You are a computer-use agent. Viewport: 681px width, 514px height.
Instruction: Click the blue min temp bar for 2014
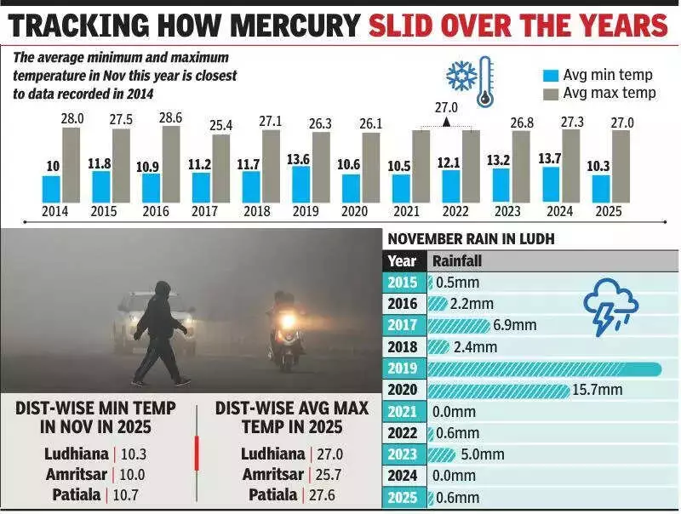point(51,188)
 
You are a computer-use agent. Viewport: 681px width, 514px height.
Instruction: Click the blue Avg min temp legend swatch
point(550,74)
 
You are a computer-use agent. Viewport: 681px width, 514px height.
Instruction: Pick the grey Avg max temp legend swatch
point(550,92)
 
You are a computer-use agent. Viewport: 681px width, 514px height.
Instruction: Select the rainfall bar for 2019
point(545,368)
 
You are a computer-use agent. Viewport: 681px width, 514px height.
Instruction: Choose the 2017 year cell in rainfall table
point(403,325)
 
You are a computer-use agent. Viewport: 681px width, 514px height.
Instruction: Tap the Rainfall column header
point(460,261)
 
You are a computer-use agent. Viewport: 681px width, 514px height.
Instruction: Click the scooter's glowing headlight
point(288,321)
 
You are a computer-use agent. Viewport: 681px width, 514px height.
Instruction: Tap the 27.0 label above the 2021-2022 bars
point(447,108)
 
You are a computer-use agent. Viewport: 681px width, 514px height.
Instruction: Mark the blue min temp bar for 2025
point(601,188)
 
